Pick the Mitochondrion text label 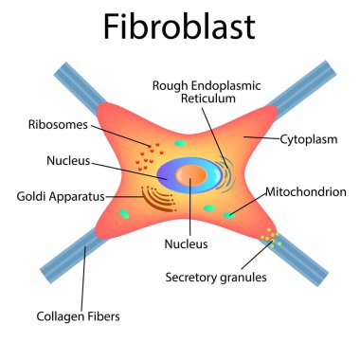306,191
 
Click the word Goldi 34,197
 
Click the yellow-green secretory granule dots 274,236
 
